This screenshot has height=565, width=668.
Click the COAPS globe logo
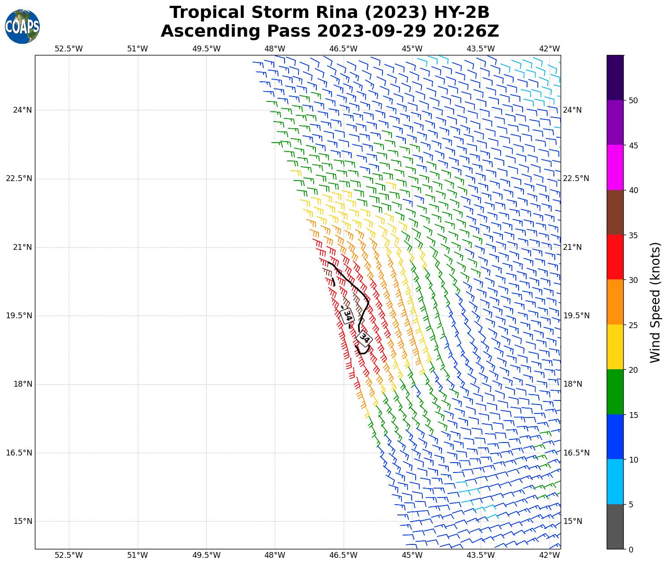pos(22,26)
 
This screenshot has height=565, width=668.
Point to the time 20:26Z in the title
pos(465,31)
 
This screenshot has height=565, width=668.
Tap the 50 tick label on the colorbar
pos(633,101)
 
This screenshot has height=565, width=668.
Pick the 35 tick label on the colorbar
pos(633,235)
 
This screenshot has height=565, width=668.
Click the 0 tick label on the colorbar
pos(631,549)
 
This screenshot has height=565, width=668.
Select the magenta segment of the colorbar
pos(615,167)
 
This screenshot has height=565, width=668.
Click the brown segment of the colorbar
pos(615,212)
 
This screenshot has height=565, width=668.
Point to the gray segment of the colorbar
pos(615,527)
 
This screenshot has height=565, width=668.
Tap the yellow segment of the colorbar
pos(615,347)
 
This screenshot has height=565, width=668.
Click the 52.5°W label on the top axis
pos(69,49)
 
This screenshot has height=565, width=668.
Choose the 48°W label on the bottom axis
pos(275,555)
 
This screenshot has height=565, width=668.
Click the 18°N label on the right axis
pos(573,384)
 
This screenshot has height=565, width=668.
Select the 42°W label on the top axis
pos(549,49)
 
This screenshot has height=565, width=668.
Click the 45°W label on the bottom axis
pos(412,555)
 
